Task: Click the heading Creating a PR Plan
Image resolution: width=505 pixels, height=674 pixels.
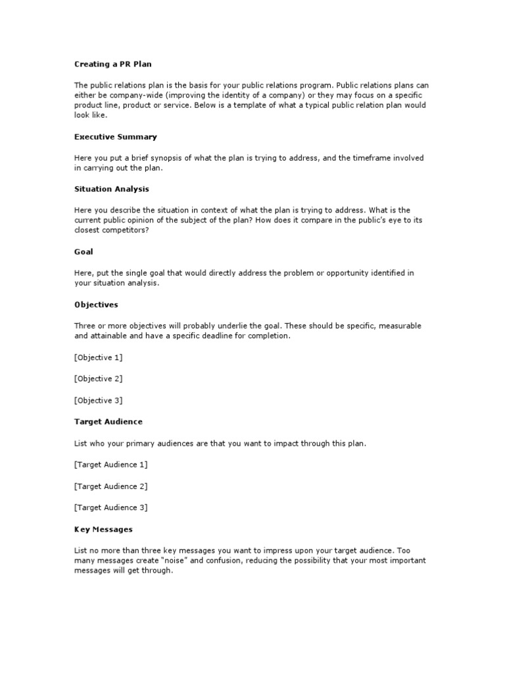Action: (112, 64)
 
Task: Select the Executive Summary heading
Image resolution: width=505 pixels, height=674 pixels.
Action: (115, 137)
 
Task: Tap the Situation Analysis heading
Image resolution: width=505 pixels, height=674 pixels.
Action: (111, 189)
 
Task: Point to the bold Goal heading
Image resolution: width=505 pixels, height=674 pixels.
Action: (84, 251)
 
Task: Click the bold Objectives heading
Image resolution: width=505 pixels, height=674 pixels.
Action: (96, 305)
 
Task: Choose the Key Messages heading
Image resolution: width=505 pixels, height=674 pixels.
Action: (103, 529)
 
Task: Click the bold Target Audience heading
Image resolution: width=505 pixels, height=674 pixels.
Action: (108, 421)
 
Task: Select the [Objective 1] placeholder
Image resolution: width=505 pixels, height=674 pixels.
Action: (99, 357)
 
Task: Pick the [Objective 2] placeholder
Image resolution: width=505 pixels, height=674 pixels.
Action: (99, 378)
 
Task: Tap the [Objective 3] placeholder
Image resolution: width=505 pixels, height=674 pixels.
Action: (99, 400)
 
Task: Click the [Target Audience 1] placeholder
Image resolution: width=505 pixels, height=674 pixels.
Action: (110, 465)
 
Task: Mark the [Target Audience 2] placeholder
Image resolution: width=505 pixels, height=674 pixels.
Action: (110, 486)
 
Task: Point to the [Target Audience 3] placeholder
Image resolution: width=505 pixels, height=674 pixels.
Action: (110, 507)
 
